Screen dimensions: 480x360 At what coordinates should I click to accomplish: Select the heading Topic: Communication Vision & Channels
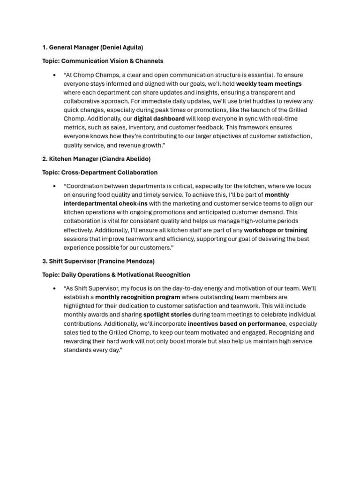[103, 61]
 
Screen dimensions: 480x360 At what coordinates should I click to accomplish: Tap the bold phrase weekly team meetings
[269, 84]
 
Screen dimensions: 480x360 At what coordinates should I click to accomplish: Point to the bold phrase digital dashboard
[159, 119]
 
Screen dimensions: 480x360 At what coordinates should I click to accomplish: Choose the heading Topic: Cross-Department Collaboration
[100, 172]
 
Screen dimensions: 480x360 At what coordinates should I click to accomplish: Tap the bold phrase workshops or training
[275, 230]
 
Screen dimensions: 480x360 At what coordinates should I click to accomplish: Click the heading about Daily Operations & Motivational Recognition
[116, 275]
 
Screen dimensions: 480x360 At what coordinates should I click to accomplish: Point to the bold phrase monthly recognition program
[137, 297]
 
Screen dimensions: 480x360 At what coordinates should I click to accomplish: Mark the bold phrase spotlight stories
[167, 315]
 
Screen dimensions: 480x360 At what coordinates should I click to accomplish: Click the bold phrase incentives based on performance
[236, 323]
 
